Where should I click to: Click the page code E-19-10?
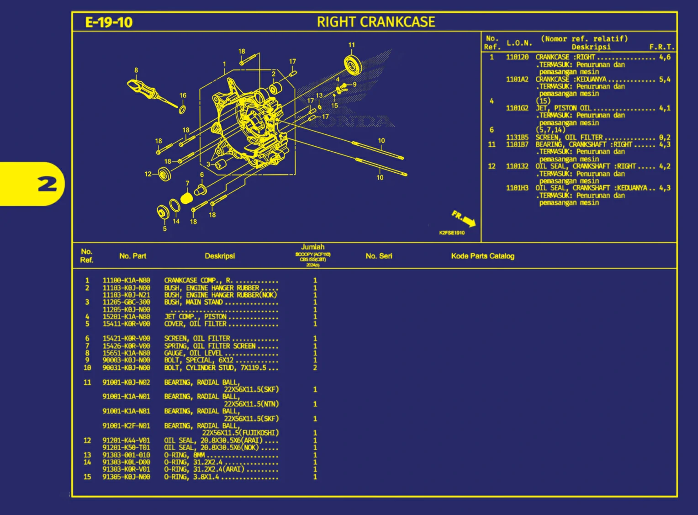click(x=109, y=22)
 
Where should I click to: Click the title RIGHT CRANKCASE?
click(x=376, y=22)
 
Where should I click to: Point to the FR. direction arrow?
click(x=464, y=219)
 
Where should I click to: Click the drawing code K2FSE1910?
click(x=452, y=233)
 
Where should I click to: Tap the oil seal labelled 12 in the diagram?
click(x=164, y=174)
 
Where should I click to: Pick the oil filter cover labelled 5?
click(x=163, y=212)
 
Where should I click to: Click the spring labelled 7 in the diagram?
click(x=186, y=198)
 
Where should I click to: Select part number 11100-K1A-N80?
click(x=126, y=281)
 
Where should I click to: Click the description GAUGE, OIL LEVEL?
click(x=193, y=353)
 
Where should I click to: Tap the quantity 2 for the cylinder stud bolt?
click(x=315, y=368)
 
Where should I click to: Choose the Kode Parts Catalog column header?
click(x=482, y=256)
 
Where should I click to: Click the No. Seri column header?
click(x=379, y=256)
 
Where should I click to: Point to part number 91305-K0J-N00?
click(x=126, y=477)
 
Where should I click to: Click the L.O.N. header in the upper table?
click(x=519, y=43)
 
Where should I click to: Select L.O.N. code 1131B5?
click(x=517, y=137)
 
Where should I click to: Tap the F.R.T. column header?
click(x=661, y=47)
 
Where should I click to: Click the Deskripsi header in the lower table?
click(x=220, y=256)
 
